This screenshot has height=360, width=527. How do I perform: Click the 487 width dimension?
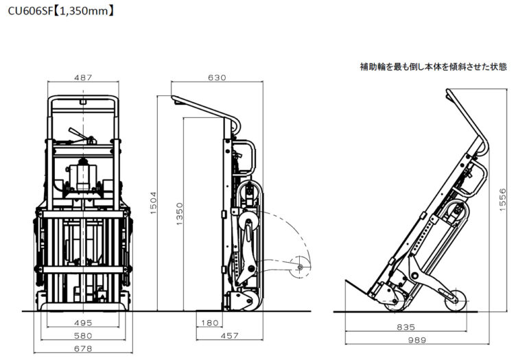(83, 77)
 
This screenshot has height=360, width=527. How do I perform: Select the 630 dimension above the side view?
(217, 77)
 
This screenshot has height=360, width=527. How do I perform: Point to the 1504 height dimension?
(153, 203)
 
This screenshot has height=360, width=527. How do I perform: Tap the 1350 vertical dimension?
(180, 214)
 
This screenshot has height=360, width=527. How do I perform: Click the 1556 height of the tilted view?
(502, 200)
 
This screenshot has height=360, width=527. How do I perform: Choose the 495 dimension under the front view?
(83, 323)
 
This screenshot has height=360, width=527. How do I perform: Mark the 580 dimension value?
(83, 335)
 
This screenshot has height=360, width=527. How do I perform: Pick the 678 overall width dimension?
(83, 348)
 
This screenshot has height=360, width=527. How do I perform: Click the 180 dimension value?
(210, 323)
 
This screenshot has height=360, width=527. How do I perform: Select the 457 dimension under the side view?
(230, 335)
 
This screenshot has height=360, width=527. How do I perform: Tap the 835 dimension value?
(406, 327)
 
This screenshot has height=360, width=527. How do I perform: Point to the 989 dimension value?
(417, 340)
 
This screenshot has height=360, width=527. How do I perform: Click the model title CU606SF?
(30, 11)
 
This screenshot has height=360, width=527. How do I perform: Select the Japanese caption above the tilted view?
(433, 67)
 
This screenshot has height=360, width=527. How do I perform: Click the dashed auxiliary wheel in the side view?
(300, 267)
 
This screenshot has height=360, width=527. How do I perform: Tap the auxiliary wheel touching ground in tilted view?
(456, 300)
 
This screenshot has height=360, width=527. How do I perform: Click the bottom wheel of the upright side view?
(252, 300)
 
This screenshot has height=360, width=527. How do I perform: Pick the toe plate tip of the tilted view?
(346, 280)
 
